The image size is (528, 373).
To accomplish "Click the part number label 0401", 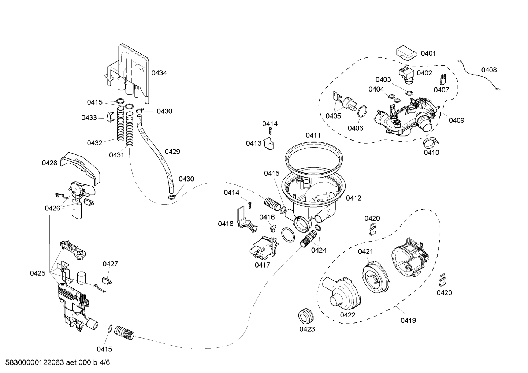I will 428,53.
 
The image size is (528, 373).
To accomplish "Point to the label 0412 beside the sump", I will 353,198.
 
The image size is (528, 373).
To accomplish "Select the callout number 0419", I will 408,321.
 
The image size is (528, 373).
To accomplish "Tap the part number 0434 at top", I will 159,73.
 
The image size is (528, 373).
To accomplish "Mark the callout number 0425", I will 38,273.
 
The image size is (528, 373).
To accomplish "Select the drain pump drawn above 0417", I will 263,248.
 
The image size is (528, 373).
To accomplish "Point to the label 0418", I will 226,224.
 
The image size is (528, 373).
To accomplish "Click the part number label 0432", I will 94,143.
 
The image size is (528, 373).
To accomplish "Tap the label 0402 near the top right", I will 424,73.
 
